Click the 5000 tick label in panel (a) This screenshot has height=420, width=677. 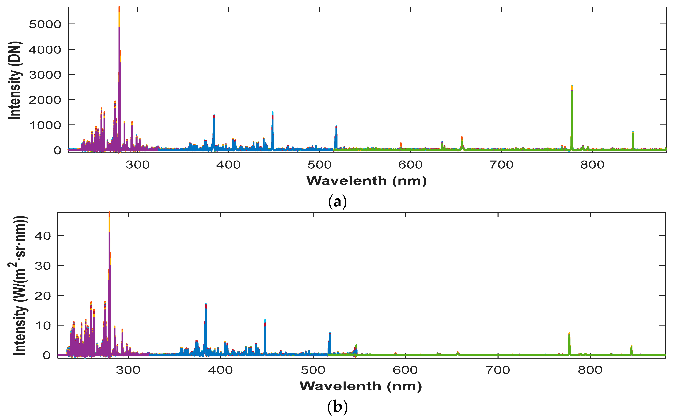pos(45,25)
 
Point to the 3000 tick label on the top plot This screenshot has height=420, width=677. pos(45,75)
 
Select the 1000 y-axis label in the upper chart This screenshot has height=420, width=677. pos(45,125)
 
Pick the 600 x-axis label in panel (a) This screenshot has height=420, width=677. pos(410,165)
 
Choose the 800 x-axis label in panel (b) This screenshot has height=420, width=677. pos(590,370)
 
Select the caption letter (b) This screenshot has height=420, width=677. pos(337,407)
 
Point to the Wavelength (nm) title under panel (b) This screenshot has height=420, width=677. pos(361,386)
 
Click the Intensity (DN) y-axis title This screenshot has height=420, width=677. pos(14,80)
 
